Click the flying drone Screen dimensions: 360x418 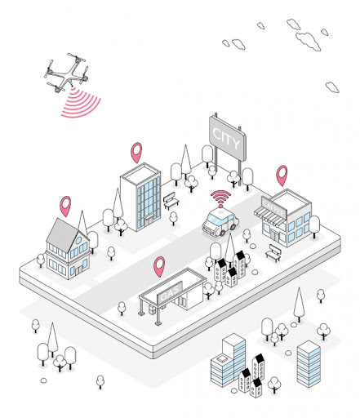coord(68,73)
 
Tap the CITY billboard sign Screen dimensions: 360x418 coord(228,138)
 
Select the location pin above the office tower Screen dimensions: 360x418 coord(136,152)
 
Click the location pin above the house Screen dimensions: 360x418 coord(65,206)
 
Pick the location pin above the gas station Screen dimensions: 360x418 coord(159,266)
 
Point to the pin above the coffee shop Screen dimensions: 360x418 coord(282,175)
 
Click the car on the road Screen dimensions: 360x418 coord(220,223)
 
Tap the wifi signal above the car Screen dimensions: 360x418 coord(220,198)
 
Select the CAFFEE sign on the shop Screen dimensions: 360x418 coord(273,207)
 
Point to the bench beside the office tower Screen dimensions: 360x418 coord(171,201)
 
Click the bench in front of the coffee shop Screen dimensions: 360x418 coord(273,253)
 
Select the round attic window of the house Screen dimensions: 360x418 coord(78,240)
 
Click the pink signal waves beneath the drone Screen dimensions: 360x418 coord(81,104)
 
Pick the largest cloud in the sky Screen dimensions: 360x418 coord(309,41)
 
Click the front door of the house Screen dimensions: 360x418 coord(78,270)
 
